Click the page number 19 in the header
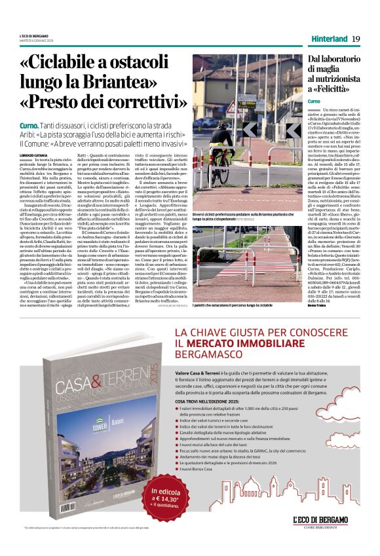(356, 39)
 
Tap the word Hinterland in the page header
(328, 39)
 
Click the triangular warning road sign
(231, 106)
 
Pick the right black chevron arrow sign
(293, 130)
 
